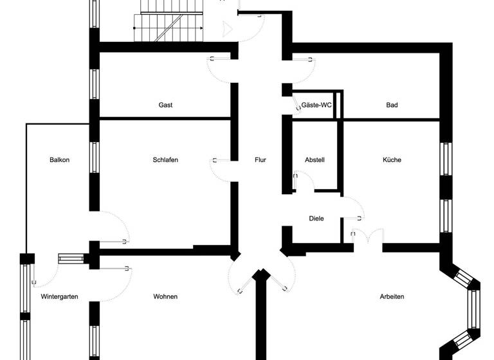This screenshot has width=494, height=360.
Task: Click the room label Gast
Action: [x=165, y=105]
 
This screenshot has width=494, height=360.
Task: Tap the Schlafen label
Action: [x=165, y=160]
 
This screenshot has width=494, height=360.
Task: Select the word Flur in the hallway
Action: [x=260, y=160]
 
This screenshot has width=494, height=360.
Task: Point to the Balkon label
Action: [x=59, y=160]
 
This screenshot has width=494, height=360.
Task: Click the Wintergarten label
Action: [x=59, y=296]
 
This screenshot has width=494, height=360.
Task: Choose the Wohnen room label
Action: [x=165, y=296]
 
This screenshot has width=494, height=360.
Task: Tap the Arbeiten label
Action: [x=392, y=296]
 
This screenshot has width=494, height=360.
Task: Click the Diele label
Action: [x=316, y=219]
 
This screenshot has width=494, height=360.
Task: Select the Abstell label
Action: [x=315, y=160]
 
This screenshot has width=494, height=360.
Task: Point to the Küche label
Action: [x=392, y=160]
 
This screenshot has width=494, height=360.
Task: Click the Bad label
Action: [x=392, y=105]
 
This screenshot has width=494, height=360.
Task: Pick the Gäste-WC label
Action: [x=316, y=105]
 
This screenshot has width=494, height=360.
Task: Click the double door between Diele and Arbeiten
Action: [x=367, y=237]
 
